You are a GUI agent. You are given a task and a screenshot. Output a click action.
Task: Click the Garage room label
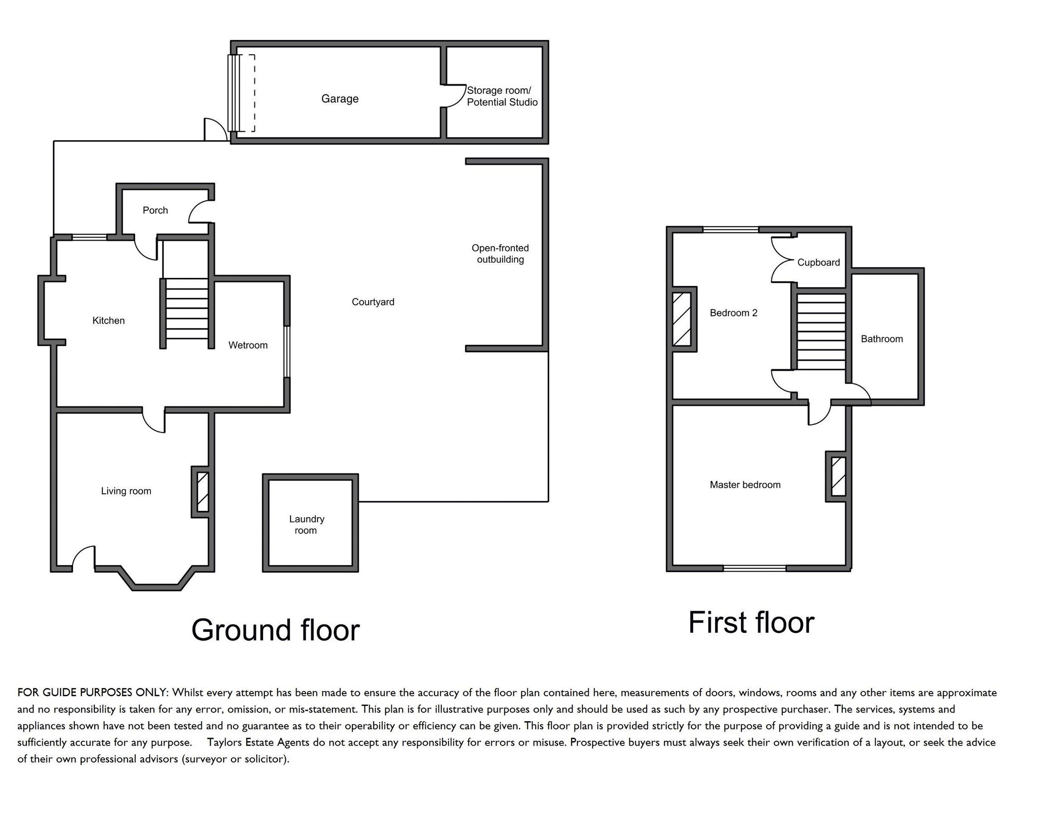[339, 99]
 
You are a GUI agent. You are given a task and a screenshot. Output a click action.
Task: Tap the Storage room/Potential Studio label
[502, 96]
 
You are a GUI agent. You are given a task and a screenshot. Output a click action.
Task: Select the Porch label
[155, 210]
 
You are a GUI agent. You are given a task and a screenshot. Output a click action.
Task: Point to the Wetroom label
[248, 345]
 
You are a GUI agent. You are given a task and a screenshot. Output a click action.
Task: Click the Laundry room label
[306, 525]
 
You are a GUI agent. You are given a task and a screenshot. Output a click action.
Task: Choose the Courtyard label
[373, 302]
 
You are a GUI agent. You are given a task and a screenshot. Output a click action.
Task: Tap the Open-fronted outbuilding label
[500, 254]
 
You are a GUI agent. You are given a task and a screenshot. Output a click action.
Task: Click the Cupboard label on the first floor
[818, 262]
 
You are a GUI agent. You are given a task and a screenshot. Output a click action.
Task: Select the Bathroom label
[882, 339]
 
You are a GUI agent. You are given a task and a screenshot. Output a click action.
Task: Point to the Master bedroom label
[745, 485]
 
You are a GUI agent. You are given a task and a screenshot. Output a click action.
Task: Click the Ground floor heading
[275, 630]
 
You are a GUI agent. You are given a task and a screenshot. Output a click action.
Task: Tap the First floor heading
[751, 622]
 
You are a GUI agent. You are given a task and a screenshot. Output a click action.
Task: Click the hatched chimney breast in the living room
[203, 491]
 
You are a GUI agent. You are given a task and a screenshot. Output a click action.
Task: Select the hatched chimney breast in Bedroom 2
[682, 319]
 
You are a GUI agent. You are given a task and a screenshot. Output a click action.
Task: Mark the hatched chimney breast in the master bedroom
[838, 476]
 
